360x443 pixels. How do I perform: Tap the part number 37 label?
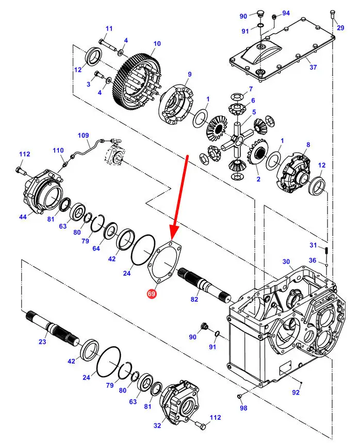pos(313,67)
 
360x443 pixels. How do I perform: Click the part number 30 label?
pos(286,261)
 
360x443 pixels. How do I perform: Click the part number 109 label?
pos(84,136)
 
